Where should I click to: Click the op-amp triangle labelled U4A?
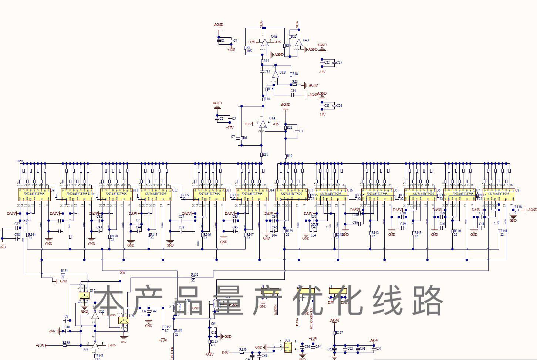coord(265,42)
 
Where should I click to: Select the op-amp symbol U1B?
coord(275,74)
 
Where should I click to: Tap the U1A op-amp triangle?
coord(263,125)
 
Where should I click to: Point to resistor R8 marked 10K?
coord(245,48)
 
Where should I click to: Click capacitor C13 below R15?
coord(262,71)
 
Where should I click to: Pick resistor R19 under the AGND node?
coord(286,156)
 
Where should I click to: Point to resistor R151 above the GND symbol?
coord(63,274)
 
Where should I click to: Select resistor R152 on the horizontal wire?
coord(193,277)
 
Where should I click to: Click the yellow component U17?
coord(84,296)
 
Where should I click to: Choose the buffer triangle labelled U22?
coord(95,345)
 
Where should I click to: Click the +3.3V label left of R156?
coord(40,345)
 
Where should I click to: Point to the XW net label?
coord(122,273)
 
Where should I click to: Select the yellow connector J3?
coord(338,291)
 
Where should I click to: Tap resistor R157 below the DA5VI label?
coord(334,333)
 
